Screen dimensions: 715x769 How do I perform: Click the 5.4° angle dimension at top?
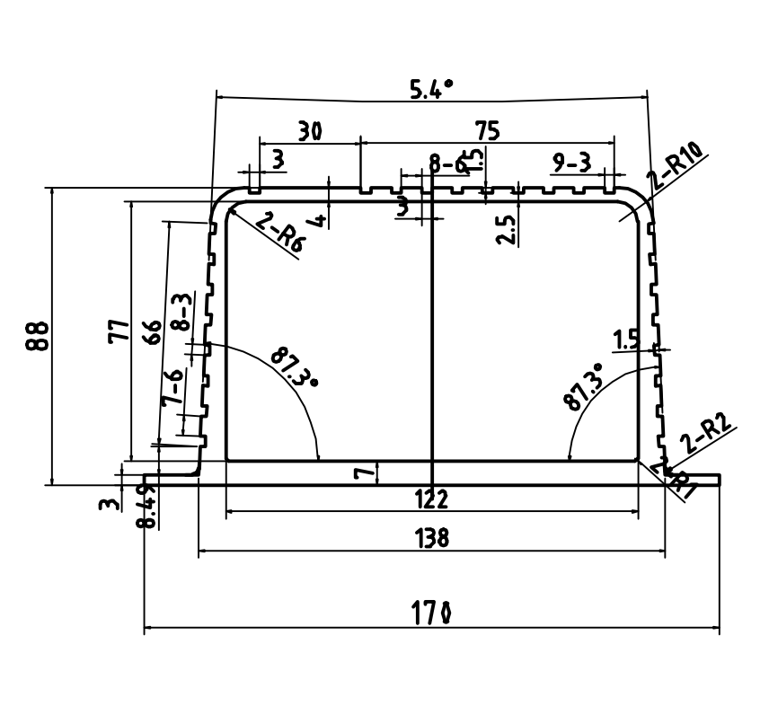(432, 88)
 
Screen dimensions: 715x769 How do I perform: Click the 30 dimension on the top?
(310, 131)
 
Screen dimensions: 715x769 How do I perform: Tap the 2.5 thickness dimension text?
(506, 229)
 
